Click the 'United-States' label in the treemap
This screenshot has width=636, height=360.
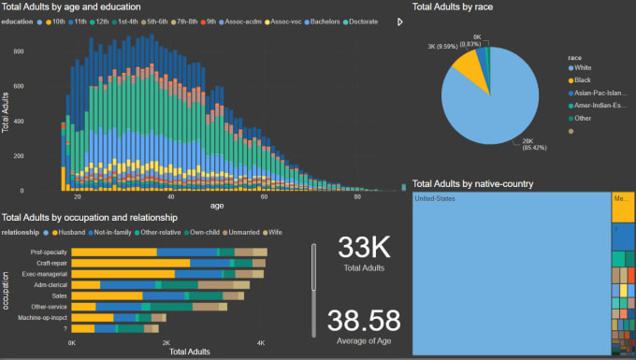point(434,199)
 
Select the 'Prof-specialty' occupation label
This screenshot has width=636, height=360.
point(49,252)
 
